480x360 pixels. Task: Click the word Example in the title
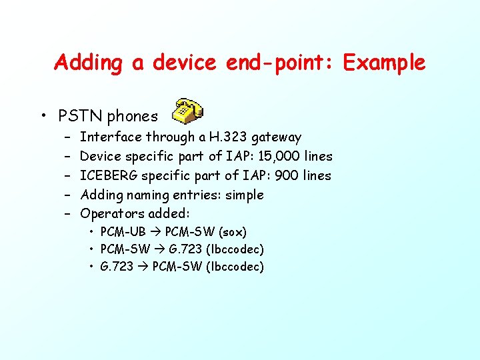tap(383, 63)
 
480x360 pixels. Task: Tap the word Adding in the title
tap(89, 63)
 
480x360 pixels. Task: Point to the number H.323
tap(229, 137)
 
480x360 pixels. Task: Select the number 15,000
tap(278, 156)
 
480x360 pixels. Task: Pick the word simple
tap(245, 195)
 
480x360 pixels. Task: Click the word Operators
tap(112, 214)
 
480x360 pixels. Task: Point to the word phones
tap(133, 116)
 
